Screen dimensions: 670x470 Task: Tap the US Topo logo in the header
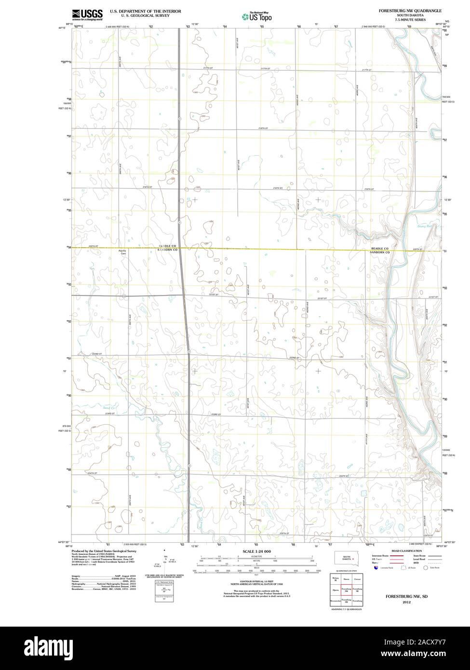[257, 16]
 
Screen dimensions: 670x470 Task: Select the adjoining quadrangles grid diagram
[347, 590]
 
